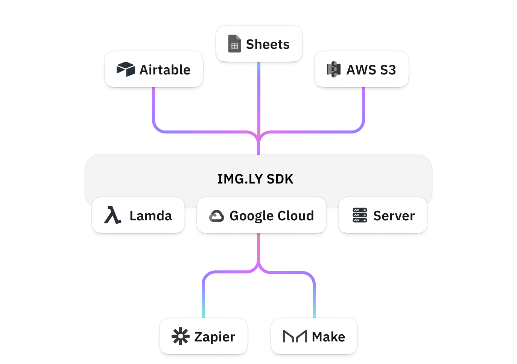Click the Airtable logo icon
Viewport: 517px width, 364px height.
125,70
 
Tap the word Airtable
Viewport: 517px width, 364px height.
165,70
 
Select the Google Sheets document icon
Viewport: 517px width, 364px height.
234,44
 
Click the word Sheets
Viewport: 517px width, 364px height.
268,44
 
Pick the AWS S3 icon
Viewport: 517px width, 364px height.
334,70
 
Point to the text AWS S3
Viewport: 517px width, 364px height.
371,70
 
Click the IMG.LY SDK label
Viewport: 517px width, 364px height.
255,179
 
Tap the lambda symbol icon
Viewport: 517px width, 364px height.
112,215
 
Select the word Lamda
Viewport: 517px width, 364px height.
151,216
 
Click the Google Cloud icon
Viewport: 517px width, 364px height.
216,216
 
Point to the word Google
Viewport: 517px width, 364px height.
251,216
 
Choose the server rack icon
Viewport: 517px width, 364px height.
360,215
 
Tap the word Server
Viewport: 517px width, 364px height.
394,216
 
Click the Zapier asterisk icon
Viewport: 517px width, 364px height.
180,337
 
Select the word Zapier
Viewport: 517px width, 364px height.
214,337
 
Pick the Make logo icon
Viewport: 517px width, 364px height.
295,337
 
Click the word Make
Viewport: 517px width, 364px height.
328,337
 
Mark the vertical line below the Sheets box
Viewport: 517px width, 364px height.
258,98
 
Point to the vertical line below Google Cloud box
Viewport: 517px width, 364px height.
258,248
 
